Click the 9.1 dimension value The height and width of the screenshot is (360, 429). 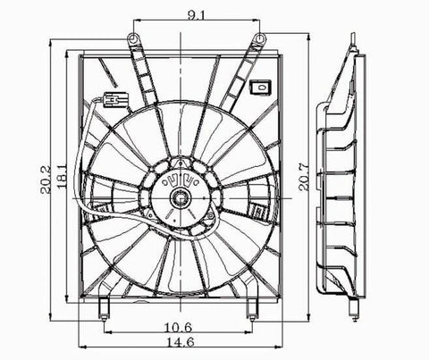tap(197, 13)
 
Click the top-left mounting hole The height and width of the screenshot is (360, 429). tap(132, 38)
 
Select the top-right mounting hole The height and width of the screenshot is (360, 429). tap(260, 38)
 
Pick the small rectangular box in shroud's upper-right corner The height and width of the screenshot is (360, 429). tap(261, 88)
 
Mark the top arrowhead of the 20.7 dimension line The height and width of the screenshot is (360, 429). tap(308, 41)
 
